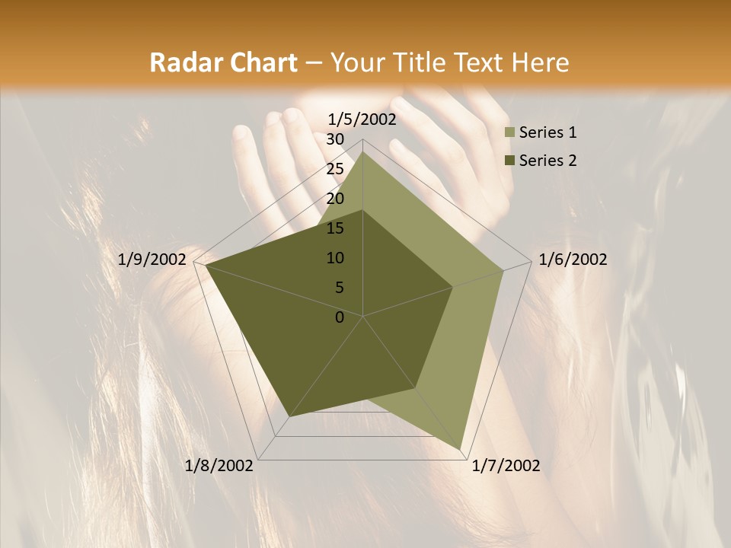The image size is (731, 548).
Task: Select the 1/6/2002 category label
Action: pos(573,260)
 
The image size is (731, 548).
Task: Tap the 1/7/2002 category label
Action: pos(506,466)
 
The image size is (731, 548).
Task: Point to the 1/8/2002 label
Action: pos(219,466)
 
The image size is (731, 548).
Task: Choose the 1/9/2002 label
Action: pos(152,260)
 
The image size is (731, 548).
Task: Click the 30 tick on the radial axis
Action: pos(335,139)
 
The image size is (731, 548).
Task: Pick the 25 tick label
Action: pos(335,169)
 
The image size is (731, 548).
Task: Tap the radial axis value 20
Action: pos(335,199)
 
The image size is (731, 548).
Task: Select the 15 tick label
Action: pos(335,228)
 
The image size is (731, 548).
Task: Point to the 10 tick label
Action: pos(335,258)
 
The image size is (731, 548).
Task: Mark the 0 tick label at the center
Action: pos(340,317)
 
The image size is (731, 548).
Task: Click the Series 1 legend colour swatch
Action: pos(510,133)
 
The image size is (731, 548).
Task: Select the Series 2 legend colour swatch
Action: pos(510,161)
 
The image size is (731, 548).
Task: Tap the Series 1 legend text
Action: pos(547,133)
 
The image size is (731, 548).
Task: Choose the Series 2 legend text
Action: pos(547,161)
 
